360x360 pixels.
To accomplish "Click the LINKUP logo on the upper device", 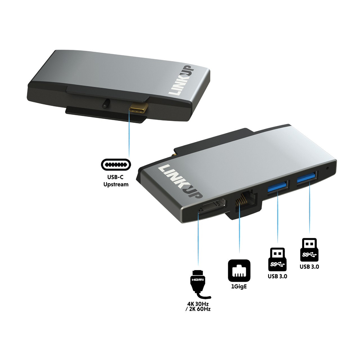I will tap(180, 80).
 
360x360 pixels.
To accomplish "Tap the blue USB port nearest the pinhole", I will tap(307, 178).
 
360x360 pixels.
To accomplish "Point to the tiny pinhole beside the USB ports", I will tap(327, 169).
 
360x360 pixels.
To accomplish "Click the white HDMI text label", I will tap(198, 280).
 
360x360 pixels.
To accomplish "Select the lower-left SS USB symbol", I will tap(278, 264).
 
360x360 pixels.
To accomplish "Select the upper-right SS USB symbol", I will tap(309, 255).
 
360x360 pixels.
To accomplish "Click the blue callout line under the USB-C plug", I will tap(129, 135).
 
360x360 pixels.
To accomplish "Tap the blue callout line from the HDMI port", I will tap(198, 239).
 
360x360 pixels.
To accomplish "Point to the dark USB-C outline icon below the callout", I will tap(116, 165).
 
